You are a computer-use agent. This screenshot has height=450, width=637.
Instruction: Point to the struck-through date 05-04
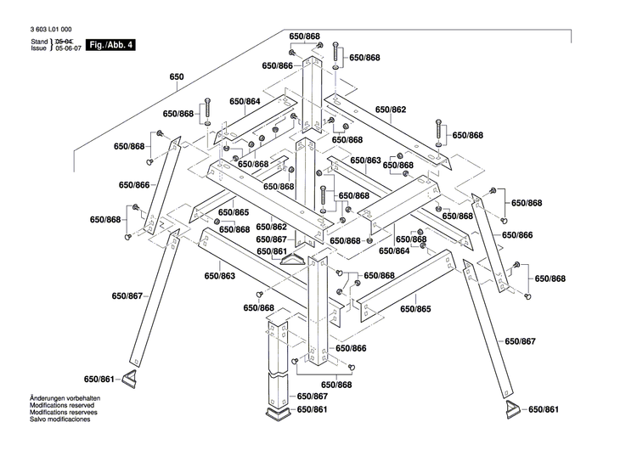click(65, 41)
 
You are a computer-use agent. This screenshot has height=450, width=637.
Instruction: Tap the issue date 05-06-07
click(68, 48)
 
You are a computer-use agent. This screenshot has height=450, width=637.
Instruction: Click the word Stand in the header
click(39, 41)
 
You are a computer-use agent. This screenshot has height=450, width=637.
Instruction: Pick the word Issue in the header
click(39, 48)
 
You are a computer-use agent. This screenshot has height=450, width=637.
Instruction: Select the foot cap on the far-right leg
click(511, 410)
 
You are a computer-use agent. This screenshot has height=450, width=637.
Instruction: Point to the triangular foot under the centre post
click(297, 262)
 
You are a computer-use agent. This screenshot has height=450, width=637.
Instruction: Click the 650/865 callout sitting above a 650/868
click(234, 212)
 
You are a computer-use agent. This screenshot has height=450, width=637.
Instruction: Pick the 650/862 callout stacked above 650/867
click(273, 227)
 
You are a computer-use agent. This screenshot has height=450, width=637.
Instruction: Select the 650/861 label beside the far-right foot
click(544, 410)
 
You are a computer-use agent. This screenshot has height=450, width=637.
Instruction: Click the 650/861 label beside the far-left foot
click(99, 380)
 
